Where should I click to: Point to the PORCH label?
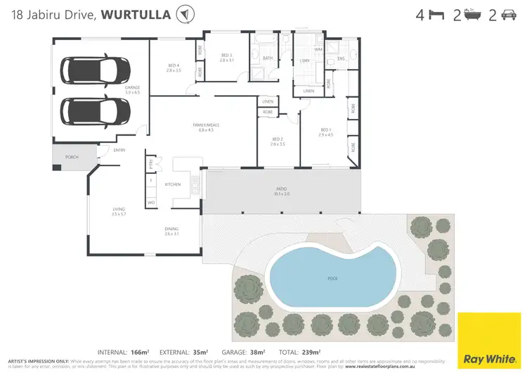(x=71, y=157)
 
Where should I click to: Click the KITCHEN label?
(x=173, y=184)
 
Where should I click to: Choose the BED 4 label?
(x=174, y=67)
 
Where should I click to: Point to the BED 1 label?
(x=325, y=132)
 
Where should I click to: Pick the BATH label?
(x=267, y=58)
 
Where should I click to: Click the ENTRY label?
(x=119, y=150)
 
